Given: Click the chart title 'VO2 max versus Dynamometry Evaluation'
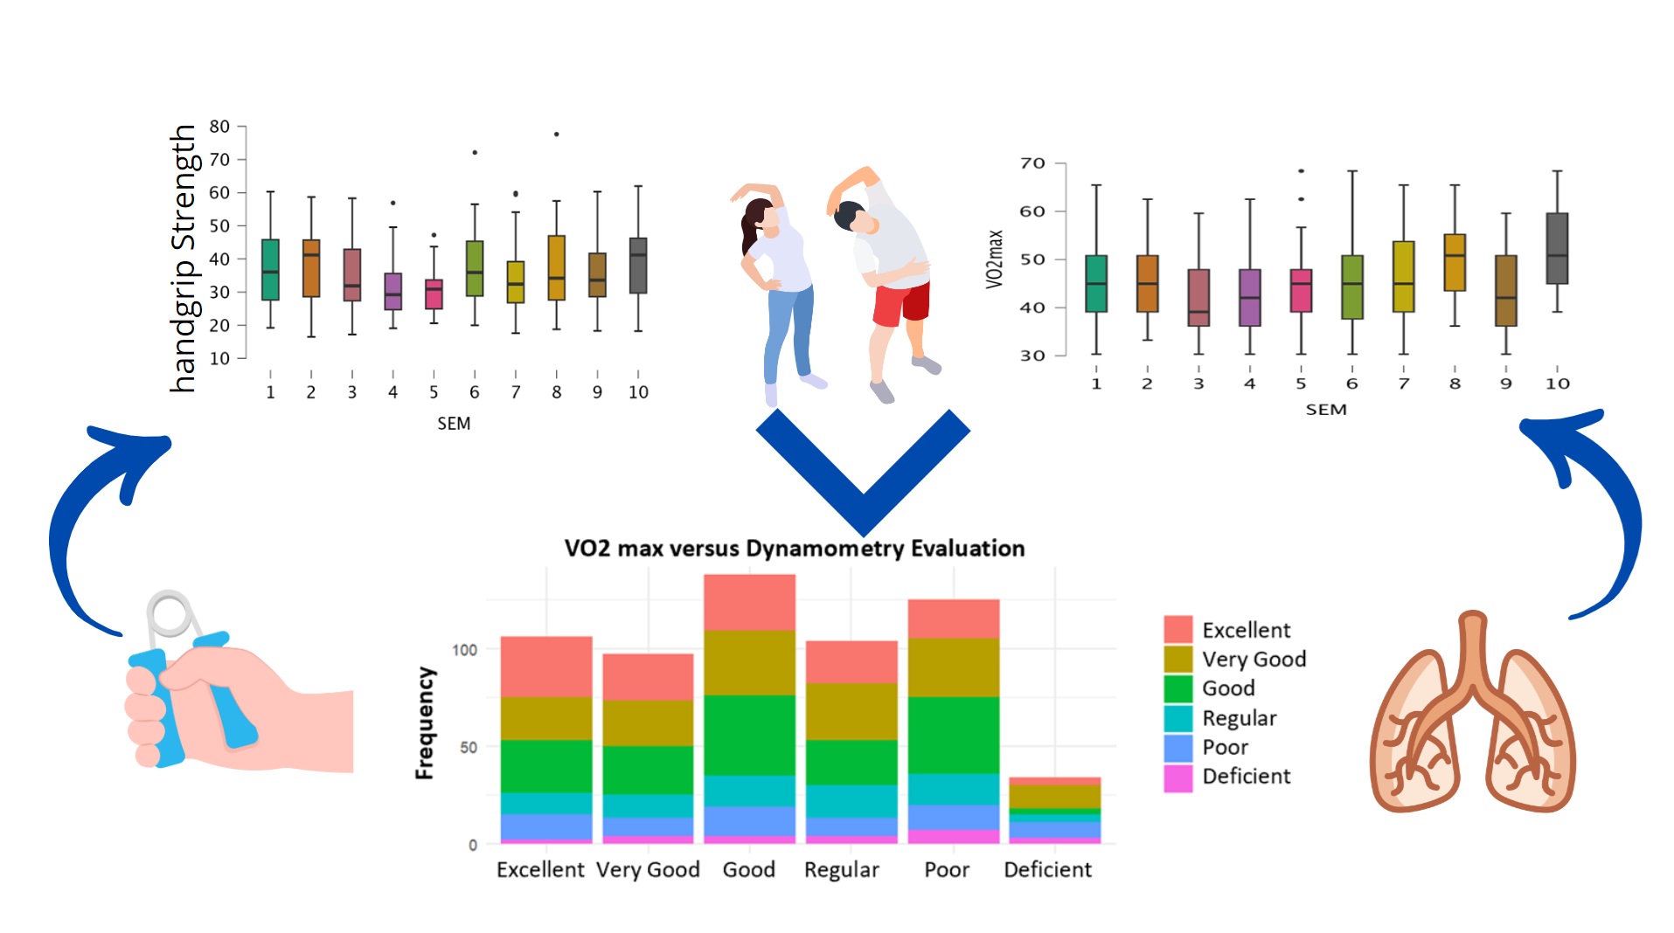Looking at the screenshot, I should pyautogui.click(x=794, y=549).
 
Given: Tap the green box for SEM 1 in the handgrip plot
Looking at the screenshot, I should pyautogui.click(x=270, y=269).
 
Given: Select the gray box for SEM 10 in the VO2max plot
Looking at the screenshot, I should pyautogui.click(x=1557, y=248).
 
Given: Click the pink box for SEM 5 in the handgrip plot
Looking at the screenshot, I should pyautogui.click(x=434, y=294).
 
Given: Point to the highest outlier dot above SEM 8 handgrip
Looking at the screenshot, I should pyautogui.click(x=556, y=135).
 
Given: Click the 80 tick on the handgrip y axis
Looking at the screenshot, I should pyautogui.click(x=219, y=127).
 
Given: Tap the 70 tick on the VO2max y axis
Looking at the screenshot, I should pyautogui.click(x=1032, y=163).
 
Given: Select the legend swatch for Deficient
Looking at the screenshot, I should pyautogui.click(x=1177, y=777).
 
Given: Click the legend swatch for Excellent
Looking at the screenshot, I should pyautogui.click(x=1177, y=629).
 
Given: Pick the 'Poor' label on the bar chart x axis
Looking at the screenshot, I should pyautogui.click(x=947, y=870).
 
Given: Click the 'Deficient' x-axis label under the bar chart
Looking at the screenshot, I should pyautogui.click(x=1047, y=870).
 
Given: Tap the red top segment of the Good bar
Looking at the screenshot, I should pyautogui.click(x=749, y=602).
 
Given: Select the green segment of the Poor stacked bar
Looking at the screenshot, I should pyautogui.click(x=953, y=734).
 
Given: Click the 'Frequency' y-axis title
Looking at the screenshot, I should pyautogui.click(x=425, y=722).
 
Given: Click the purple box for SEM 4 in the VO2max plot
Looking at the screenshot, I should pyautogui.click(x=1249, y=297).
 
